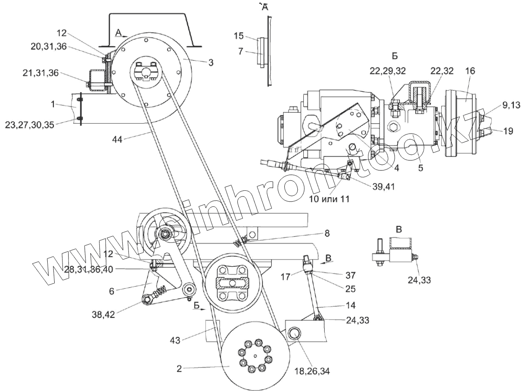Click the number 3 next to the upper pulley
(210, 62)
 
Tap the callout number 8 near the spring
(326, 234)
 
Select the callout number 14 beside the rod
(351, 305)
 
